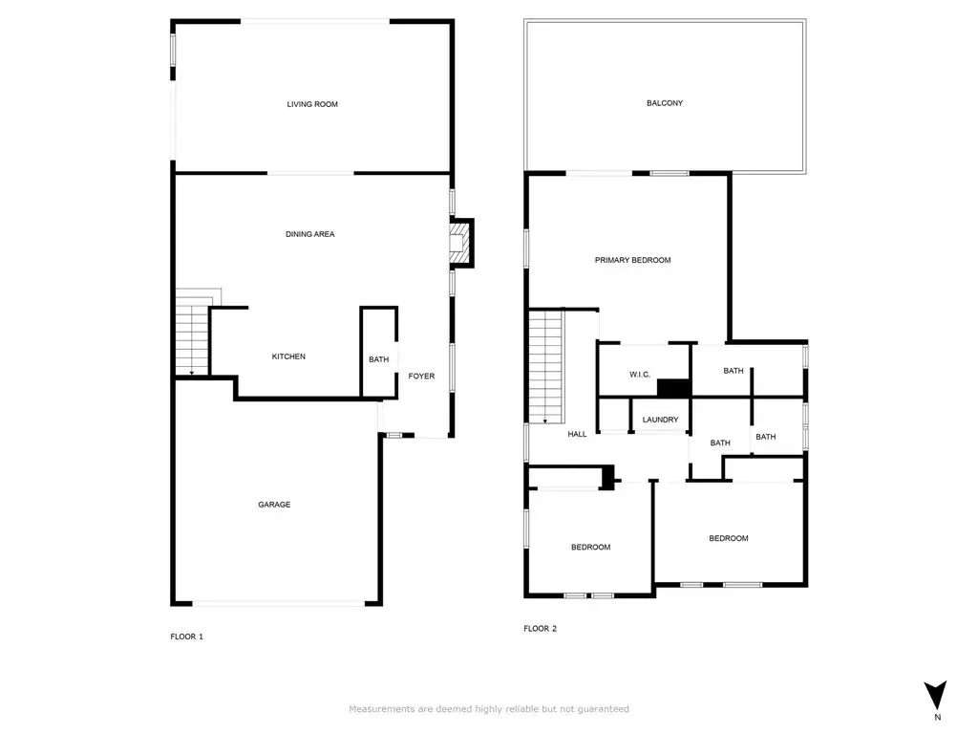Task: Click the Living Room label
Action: (312, 104)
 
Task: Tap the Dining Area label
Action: (310, 234)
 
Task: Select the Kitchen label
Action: (288, 356)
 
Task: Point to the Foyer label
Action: (421, 376)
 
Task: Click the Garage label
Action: (274, 505)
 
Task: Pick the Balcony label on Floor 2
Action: (665, 103)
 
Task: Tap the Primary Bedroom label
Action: (632, 260)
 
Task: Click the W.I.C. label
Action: (639, 375)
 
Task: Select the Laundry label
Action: (660, 420)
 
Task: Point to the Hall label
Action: (577, 434)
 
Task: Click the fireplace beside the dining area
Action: (461, 243)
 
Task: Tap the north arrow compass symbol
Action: (935, 695)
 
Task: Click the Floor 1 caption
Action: (186, 637)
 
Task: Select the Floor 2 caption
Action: (540, 629)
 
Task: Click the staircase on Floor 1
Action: (192, 340)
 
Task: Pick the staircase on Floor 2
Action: (545, 367)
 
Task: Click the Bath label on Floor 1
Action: (378, 359)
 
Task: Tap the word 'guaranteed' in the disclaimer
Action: (604, 709)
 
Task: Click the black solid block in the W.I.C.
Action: (673, 388)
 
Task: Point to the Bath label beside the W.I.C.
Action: (733, 371)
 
